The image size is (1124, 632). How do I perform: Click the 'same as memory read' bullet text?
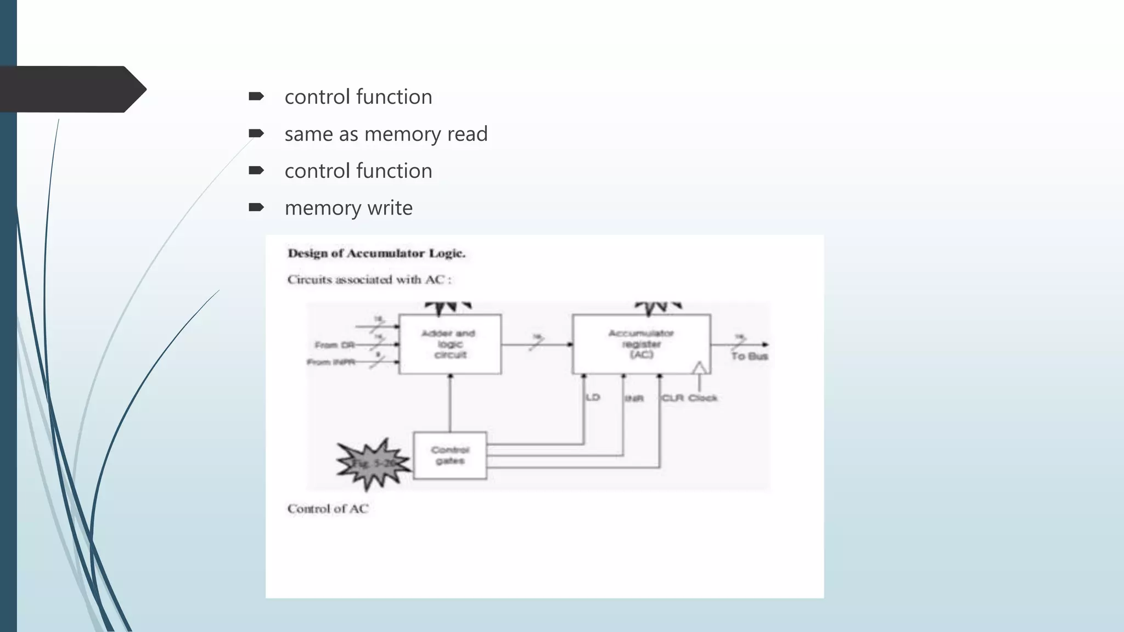click(386, 134)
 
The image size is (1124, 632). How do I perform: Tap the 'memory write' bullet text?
click(349, 208)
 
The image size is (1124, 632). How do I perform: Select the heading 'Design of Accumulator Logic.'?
click(376, 253)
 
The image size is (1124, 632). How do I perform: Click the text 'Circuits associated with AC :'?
click(369, 280)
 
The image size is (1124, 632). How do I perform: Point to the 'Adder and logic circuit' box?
click(449, 344)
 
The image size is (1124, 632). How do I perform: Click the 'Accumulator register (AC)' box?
click(641, 344)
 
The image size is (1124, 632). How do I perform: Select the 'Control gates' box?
click(449, 455)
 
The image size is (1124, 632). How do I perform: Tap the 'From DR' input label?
click(334, 345)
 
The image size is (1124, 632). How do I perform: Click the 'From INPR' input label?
click(330, 362)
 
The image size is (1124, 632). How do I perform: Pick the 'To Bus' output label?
click(749, 357)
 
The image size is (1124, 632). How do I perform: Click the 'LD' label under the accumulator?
click(593, 397)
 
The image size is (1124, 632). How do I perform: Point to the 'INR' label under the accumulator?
click(634, 398)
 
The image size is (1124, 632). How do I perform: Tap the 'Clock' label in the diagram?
click(703, 398)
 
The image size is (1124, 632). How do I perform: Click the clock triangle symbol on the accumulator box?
click(699, 368)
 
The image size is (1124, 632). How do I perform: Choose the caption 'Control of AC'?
click(328, 509)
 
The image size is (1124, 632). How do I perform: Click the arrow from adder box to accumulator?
click(536, 345)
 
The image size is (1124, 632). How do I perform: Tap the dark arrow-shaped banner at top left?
click(71, 89)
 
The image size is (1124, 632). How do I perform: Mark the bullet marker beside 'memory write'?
click(256, 207)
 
